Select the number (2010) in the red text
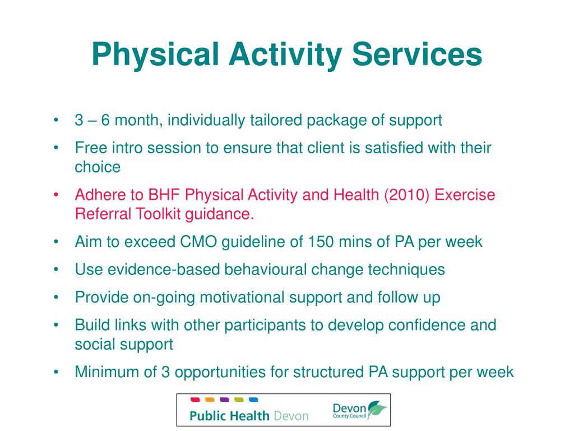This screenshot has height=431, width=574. (402, 195)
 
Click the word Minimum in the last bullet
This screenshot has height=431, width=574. (107, 372)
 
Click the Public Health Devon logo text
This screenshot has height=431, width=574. (249, 416)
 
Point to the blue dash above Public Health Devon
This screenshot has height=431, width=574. (253, 400)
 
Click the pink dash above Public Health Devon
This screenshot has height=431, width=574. (196, 400)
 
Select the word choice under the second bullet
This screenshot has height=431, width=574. (98, 167)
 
